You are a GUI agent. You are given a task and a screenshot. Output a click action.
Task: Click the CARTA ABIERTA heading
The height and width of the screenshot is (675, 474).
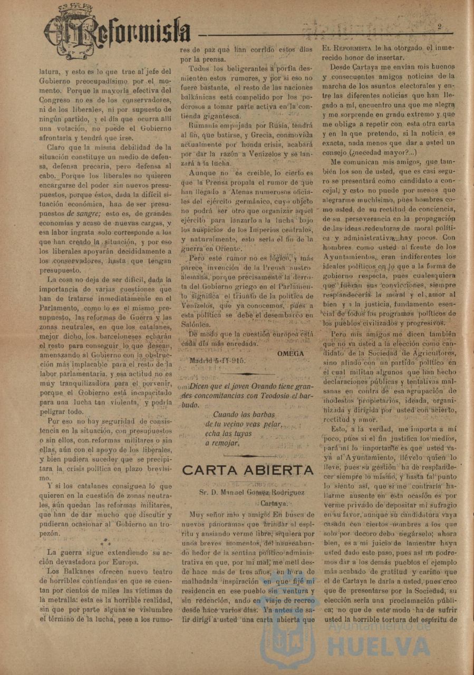[248, 470]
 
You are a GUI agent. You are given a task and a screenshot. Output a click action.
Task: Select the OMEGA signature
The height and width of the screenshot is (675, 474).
[291, 353]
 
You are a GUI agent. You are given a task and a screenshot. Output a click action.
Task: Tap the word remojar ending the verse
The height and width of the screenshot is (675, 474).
[225, 443]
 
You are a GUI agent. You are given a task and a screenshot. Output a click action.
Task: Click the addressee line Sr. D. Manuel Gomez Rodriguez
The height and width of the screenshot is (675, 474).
[248, 493]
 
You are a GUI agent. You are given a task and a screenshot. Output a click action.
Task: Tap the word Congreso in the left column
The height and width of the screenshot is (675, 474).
[57, 100]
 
